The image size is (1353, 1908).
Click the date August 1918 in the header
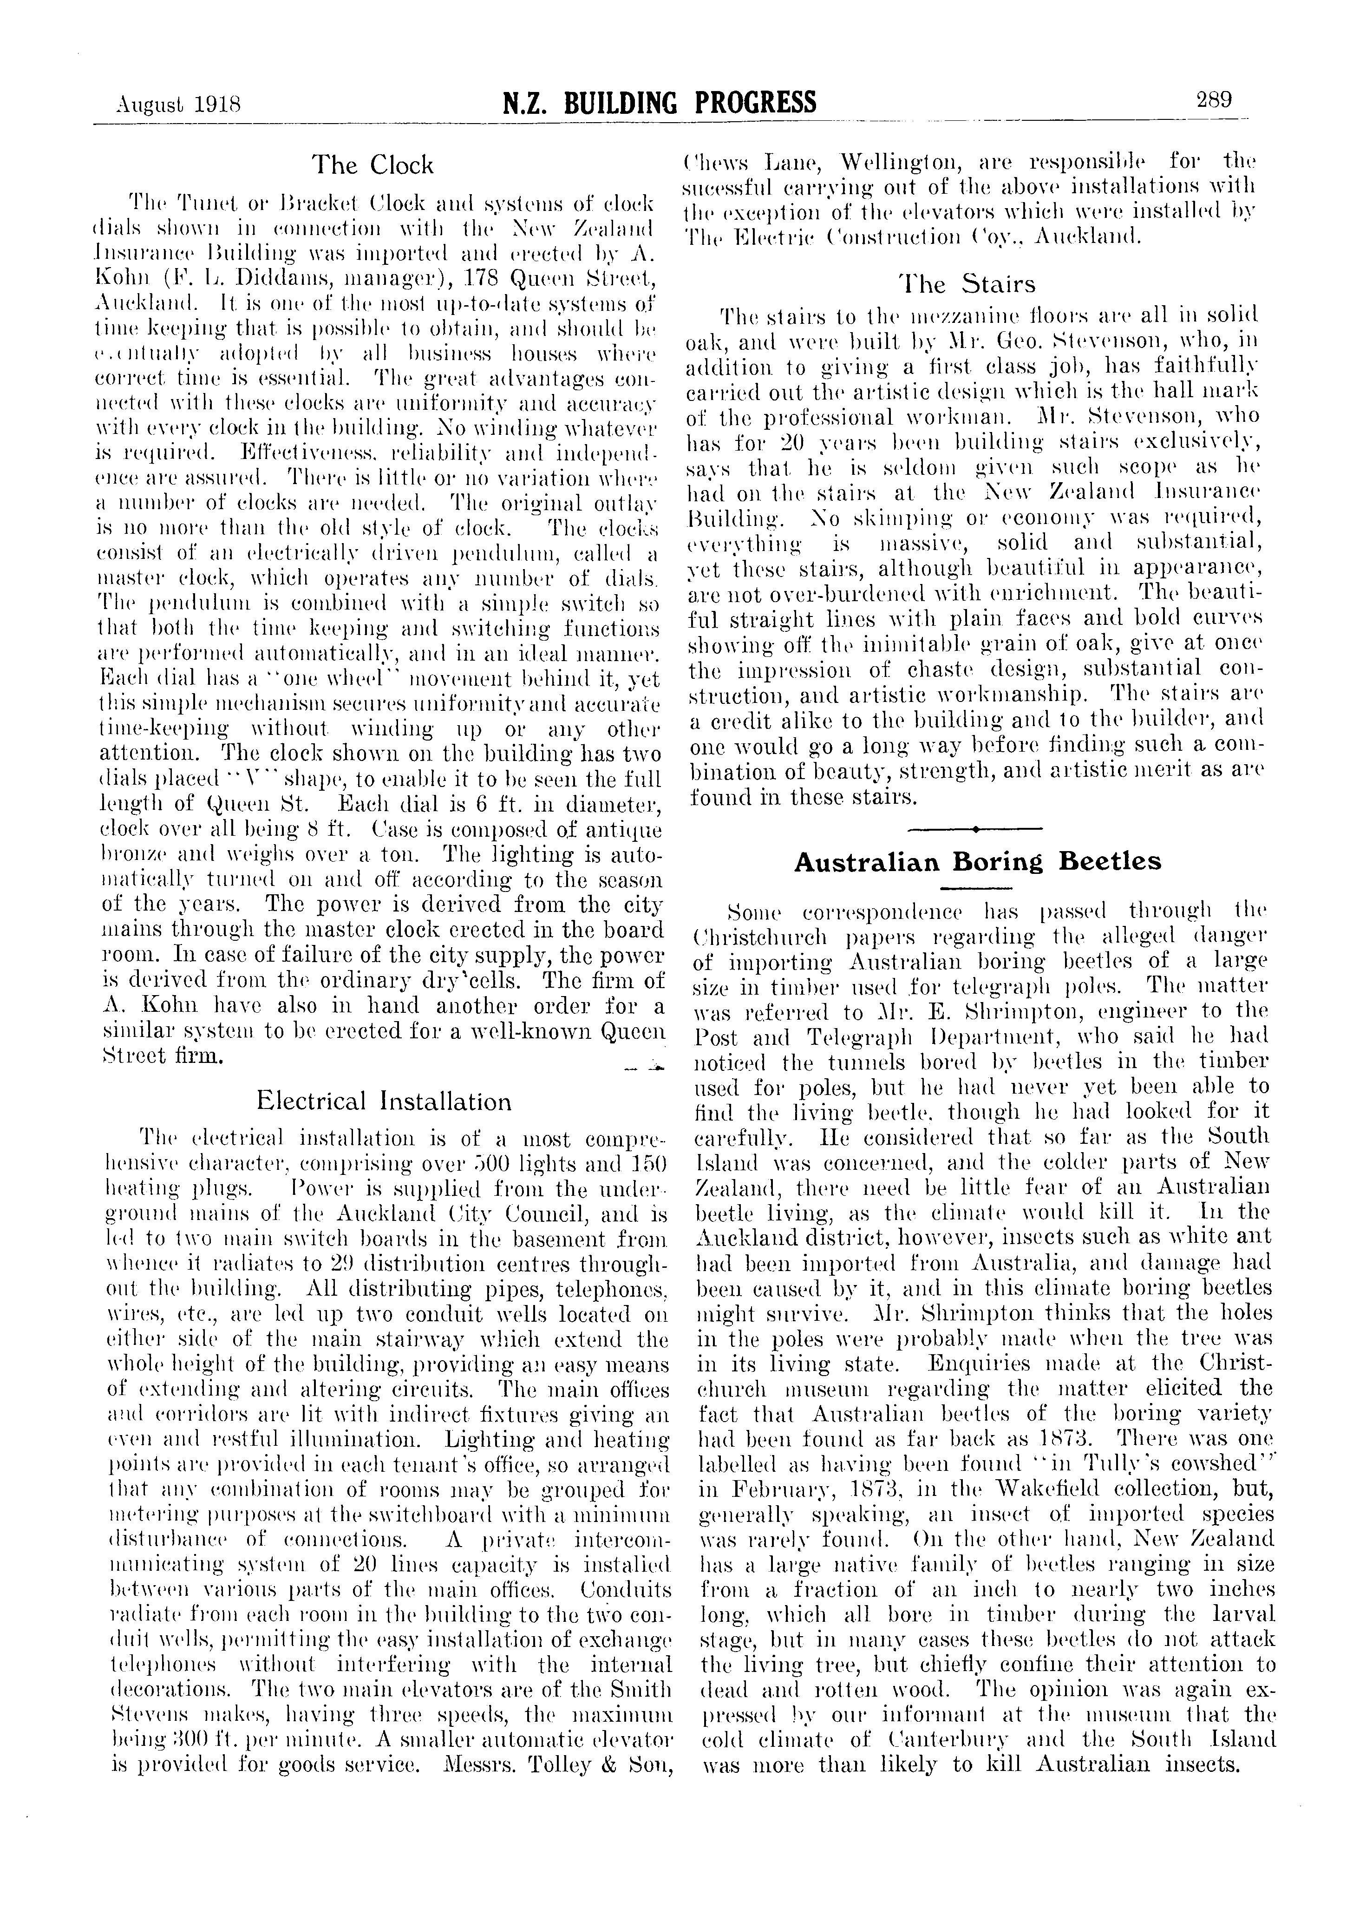tap(178, 105)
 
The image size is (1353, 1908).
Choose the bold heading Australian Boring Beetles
tap(977, 861)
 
